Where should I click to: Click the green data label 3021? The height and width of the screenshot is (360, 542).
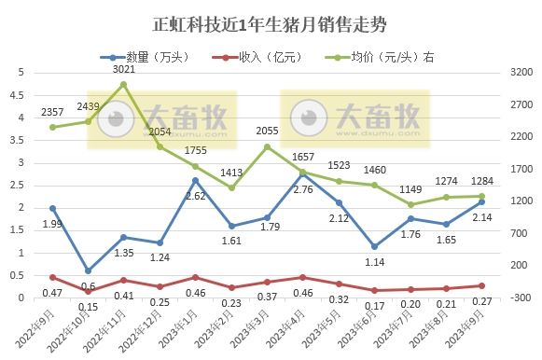[123, 70]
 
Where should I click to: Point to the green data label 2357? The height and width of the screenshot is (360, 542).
[52, 113]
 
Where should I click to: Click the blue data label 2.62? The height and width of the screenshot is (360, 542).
[195, 197]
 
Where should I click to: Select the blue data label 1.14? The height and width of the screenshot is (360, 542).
[374, 262]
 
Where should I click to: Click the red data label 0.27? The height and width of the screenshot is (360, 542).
[482, 301]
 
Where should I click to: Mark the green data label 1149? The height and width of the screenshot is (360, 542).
[410, 190]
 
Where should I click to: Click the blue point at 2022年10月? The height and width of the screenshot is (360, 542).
[88, 270]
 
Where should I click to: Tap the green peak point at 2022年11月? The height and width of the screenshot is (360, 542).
[123, 84]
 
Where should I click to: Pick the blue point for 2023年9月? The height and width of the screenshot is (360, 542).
[481, 201]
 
